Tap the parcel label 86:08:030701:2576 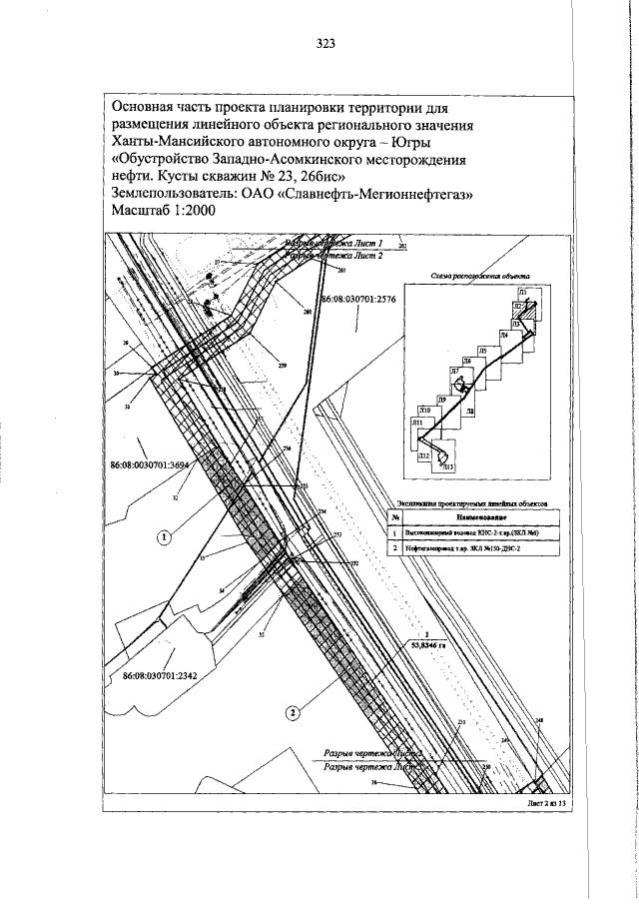[358, 300]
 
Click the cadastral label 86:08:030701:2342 [163, 675]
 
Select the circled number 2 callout [291, 712]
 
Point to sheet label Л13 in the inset [448, 467]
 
